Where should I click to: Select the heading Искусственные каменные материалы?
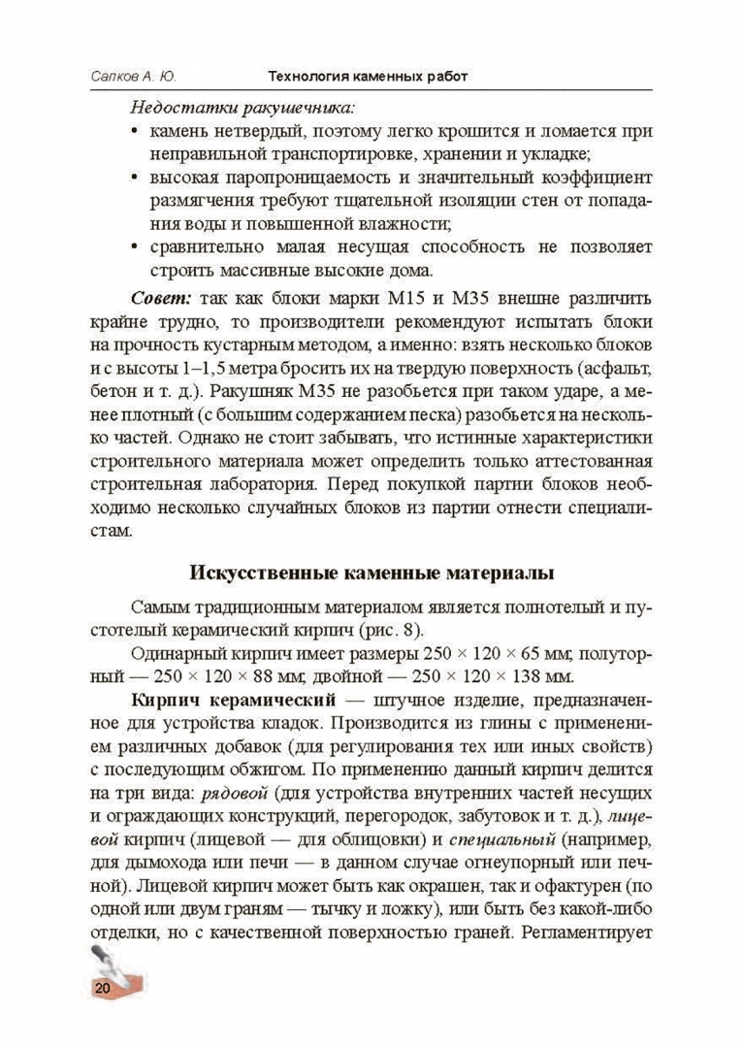[371, 572]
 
